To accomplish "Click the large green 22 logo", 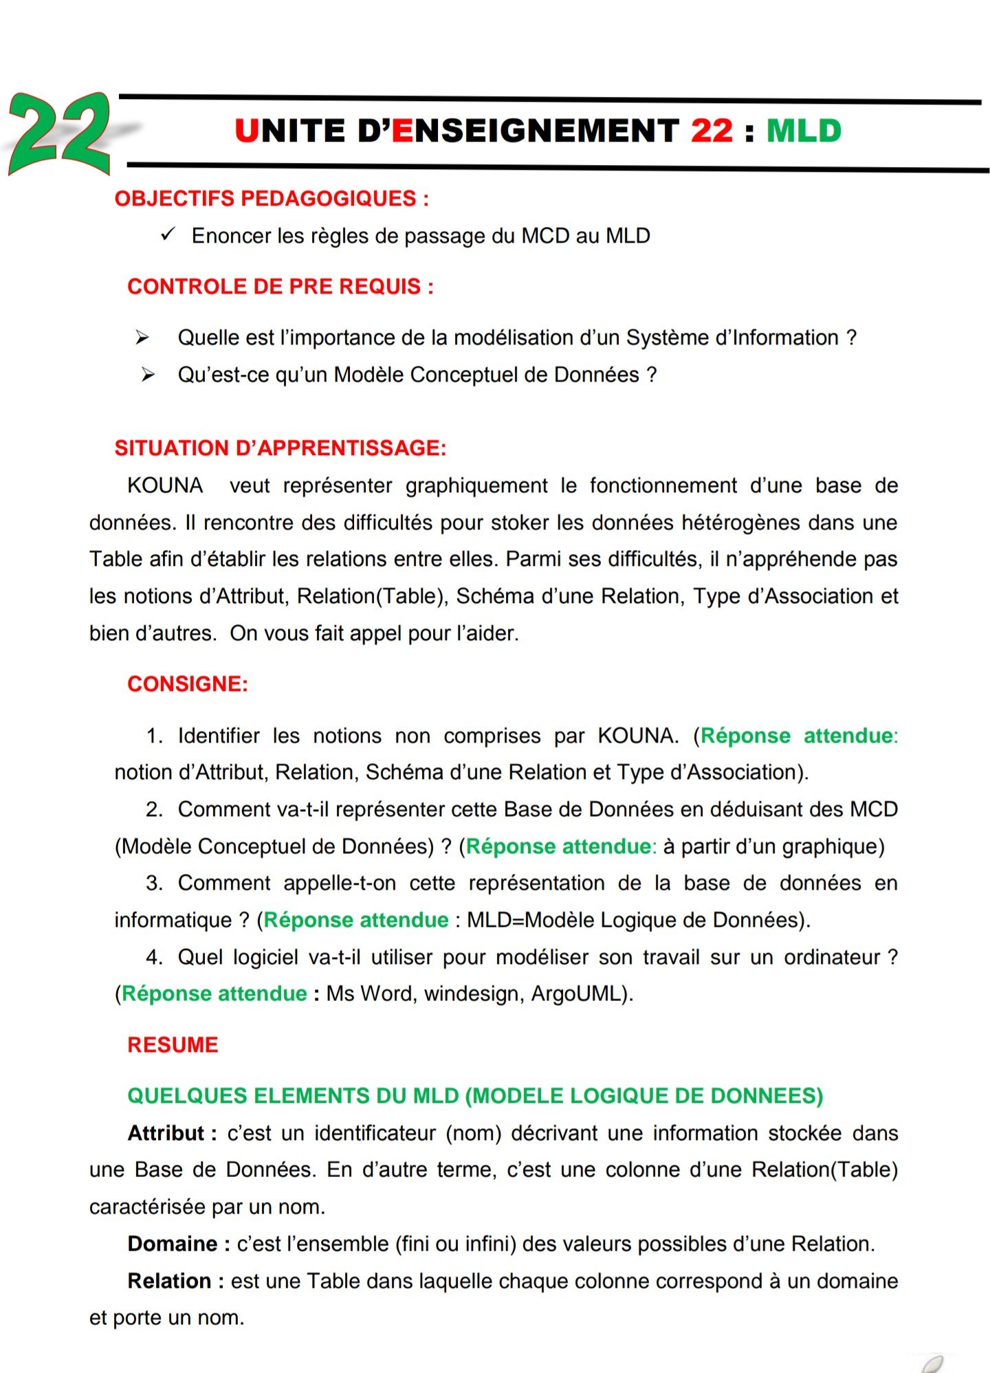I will click(60, 133).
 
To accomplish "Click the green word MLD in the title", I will click(803, 131).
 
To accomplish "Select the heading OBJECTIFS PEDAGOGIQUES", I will click(272, 199).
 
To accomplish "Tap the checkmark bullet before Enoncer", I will click(168, 234).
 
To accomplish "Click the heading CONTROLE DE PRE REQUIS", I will click(280, 286).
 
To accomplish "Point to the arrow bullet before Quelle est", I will click(142, 338).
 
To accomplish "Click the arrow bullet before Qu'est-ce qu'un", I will click(148, 375).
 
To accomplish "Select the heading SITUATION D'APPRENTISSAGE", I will click(280, 448).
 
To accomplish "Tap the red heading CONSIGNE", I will click(187, 684).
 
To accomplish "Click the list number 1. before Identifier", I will click(154, 736).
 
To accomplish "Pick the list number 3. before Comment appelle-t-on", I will click(154, 883).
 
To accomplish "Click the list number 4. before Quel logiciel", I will click(154, 957).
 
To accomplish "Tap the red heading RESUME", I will click(173, 1045).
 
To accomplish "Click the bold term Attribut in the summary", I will click(166, 1133).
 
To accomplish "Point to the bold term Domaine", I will click(173, 1244).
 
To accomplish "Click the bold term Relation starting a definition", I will click(169, 1281).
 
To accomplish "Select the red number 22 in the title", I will click(712, 131).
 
